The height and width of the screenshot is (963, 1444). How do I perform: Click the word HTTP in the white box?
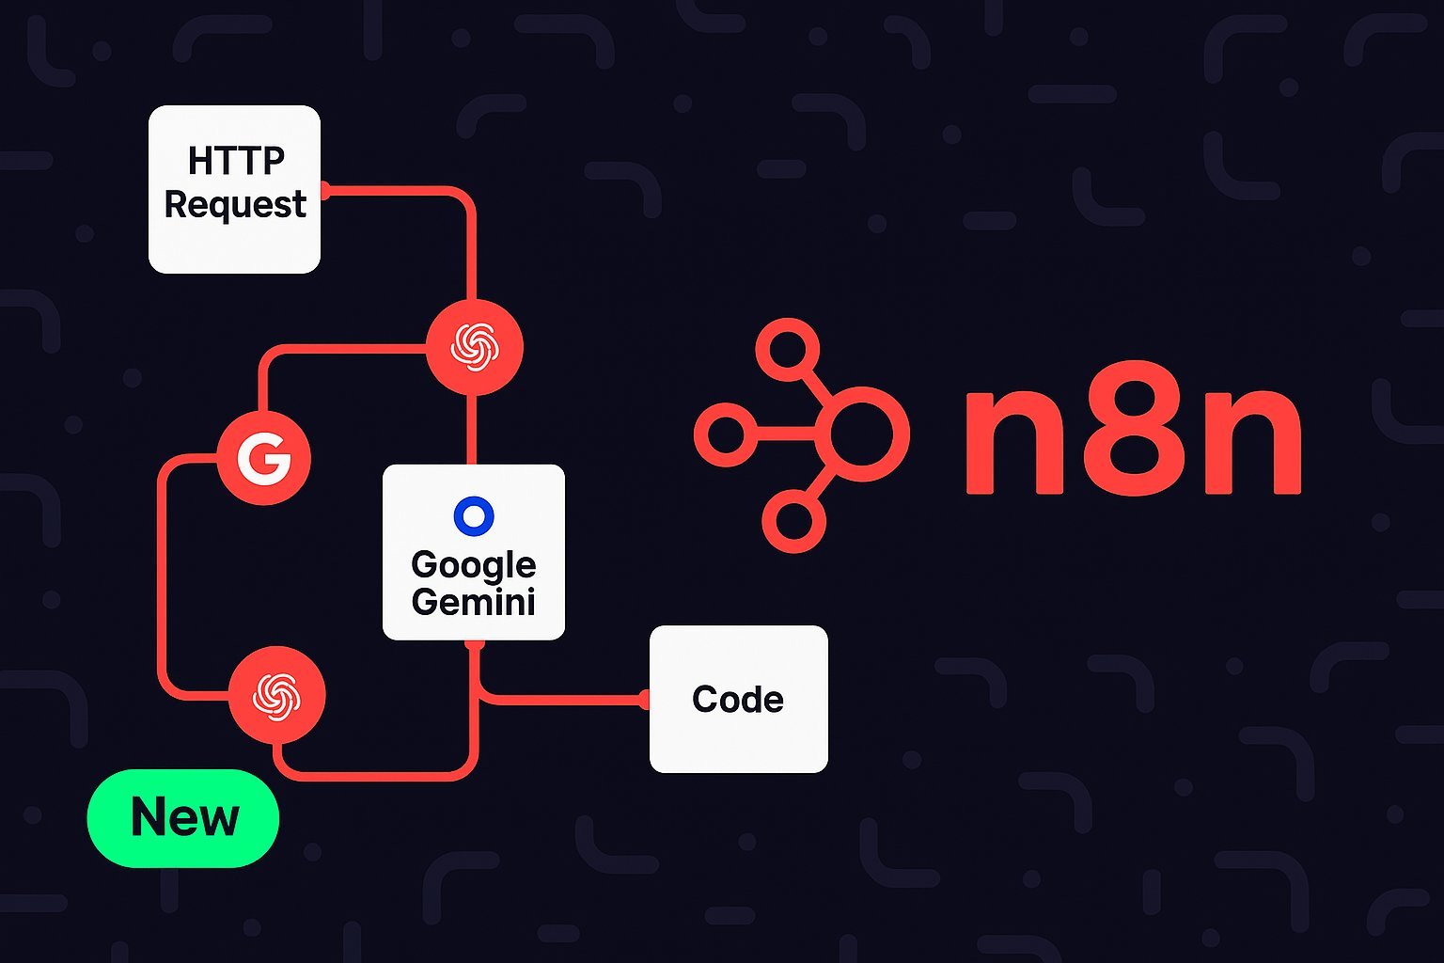pyautogui.click(x=235, y=161)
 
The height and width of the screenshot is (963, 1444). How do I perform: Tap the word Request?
pyautogui.click(x=235, y=204)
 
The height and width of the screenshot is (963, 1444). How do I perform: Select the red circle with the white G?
pyautogui.click(x=264, y=458)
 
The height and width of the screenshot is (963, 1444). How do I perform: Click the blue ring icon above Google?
pyautogui.click(x=473, y=516)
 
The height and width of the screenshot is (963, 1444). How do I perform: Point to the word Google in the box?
pyautogui.click(x=473, y=566)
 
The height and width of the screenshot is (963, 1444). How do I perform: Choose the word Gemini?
pyautogui.click(x=473, y=602)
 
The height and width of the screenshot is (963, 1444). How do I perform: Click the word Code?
pyautogui.click(x=738, y=700)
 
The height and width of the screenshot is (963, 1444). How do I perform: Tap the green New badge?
pyautogui.click(x=183, y=817)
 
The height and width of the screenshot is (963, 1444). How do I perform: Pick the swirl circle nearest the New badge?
pyautogui.click(x=277, y=696)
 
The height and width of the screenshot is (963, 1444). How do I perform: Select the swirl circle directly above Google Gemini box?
pyautogui.click(x=474, y=347)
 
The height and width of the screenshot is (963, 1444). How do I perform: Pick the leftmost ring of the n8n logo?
pyautogui.click(x=725, y=434)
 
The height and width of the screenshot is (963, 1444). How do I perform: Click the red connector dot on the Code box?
pyautogui.click(x=645, y=700)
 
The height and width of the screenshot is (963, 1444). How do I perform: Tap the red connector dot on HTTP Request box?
pyautogui.click(x=324, y=190)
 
